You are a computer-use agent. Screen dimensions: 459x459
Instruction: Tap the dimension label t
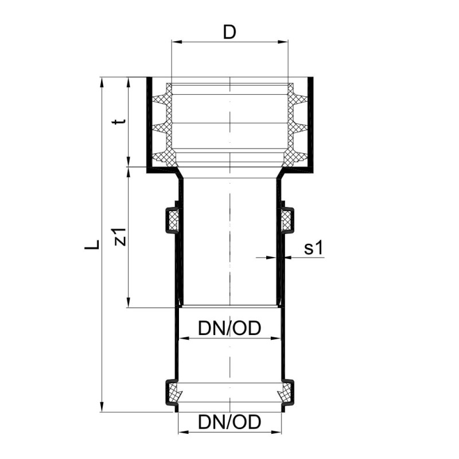(120, 121)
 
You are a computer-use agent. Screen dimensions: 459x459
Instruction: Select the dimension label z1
(120, 236)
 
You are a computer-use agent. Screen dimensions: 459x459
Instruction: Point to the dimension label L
(92, 244)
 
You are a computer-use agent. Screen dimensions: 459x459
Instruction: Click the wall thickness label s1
(313, 248)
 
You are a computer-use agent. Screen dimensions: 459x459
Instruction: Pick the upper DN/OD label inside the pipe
(229, 328)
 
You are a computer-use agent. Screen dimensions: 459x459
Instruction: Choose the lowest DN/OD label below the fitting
(229, 422)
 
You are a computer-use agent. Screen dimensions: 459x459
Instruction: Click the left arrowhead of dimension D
(177, 42)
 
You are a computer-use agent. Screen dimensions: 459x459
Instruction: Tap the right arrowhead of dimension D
(283, 42)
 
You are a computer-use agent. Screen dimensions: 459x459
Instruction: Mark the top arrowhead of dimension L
(102, 82)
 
